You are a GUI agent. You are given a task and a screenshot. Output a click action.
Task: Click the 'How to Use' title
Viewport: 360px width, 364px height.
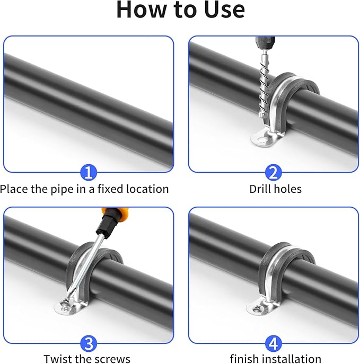pos(180,11)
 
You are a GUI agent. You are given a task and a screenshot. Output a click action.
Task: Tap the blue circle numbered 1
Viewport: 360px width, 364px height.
pos(88,172)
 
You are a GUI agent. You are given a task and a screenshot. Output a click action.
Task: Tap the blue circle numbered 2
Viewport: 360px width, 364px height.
pos(273,172)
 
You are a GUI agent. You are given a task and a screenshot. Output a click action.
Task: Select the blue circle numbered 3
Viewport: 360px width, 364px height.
pos(88,343)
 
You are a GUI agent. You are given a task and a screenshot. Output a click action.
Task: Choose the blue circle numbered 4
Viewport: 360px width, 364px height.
pos(273,343)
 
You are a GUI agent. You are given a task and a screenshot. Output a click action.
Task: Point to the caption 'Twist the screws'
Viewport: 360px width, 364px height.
pos(87,359)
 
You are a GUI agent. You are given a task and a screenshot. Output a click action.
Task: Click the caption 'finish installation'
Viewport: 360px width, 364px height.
pos(275,359)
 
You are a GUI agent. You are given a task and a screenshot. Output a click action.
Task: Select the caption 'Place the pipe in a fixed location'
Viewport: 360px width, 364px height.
pos(85,189)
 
